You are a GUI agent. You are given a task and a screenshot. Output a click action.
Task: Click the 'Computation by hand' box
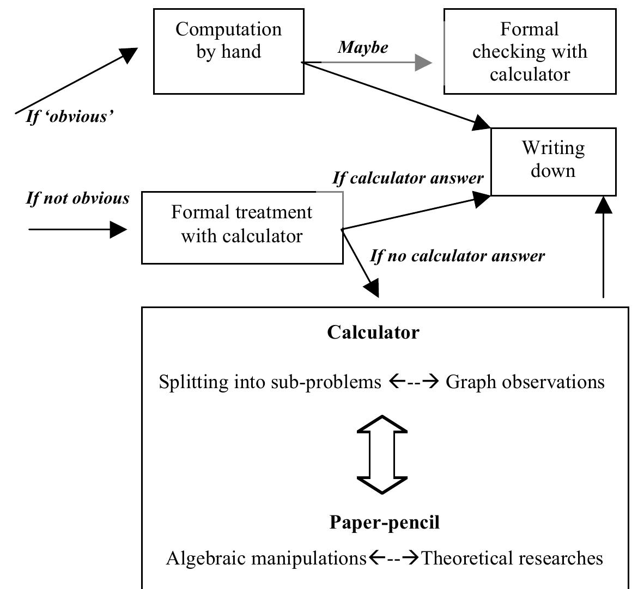[x=229, y=51]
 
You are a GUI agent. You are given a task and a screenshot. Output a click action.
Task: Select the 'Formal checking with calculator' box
[x=530, y=51]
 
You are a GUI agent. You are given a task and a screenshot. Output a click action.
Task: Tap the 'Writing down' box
[x=553, y=161]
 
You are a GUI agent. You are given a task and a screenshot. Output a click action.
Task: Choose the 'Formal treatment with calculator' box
[x=242, y=227]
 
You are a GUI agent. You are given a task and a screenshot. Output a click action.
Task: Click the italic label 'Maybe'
[x=363, y=47]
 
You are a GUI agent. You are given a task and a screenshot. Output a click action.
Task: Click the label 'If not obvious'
[x=78, y=198]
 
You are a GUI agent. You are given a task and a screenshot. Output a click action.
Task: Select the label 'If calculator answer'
[x=408, y=178]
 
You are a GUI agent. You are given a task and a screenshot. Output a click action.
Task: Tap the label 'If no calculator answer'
[x=457, y=256]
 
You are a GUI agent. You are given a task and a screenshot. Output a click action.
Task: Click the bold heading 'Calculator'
[x=373, y=332]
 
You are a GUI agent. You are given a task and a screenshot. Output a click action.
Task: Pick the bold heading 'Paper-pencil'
[x=384, y=523]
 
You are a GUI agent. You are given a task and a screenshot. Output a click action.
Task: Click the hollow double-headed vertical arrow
[x=382, y=455]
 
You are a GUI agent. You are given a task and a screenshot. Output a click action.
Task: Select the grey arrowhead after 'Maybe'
[x=423, y=63]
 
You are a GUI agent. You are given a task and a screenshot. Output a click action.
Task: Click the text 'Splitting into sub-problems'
[x=270, y=382]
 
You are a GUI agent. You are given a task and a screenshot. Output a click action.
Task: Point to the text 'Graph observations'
[x=525, y=382]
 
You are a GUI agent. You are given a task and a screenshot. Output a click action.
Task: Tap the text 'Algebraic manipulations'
[x=266, y=559]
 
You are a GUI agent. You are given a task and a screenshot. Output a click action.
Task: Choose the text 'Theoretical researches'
[x=512, y=559]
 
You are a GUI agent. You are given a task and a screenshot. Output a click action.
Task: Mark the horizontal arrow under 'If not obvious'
[x=77, y=229]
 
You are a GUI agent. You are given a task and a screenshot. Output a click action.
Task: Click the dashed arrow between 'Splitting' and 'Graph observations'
[x=414, y=382]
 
